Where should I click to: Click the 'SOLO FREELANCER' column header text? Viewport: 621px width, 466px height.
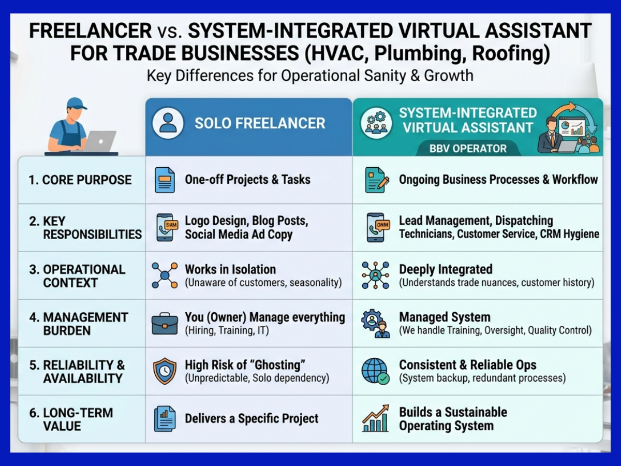260,123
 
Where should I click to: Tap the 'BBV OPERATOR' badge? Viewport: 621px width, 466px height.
468,149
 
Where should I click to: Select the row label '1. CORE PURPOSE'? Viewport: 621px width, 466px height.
80,180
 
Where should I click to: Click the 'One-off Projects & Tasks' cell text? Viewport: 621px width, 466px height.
247,180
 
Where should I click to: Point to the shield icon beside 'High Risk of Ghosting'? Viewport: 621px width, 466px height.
165,371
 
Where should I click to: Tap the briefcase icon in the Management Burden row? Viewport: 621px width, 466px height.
165,324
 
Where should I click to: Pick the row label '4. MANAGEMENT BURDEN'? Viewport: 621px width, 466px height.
79,324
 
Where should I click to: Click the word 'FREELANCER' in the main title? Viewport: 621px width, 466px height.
91,31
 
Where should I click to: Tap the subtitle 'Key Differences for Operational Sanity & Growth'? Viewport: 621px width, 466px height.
310,76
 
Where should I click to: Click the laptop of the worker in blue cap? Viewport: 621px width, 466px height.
99,141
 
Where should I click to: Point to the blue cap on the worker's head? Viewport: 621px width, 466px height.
76,103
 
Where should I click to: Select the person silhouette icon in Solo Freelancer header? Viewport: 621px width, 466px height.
168,123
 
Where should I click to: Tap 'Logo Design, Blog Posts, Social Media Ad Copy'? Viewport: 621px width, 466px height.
246,228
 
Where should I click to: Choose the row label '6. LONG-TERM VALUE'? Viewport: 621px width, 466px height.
71,419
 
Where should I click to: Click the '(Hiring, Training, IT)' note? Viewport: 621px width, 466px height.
227,330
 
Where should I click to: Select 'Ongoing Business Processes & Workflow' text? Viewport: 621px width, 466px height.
498,180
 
